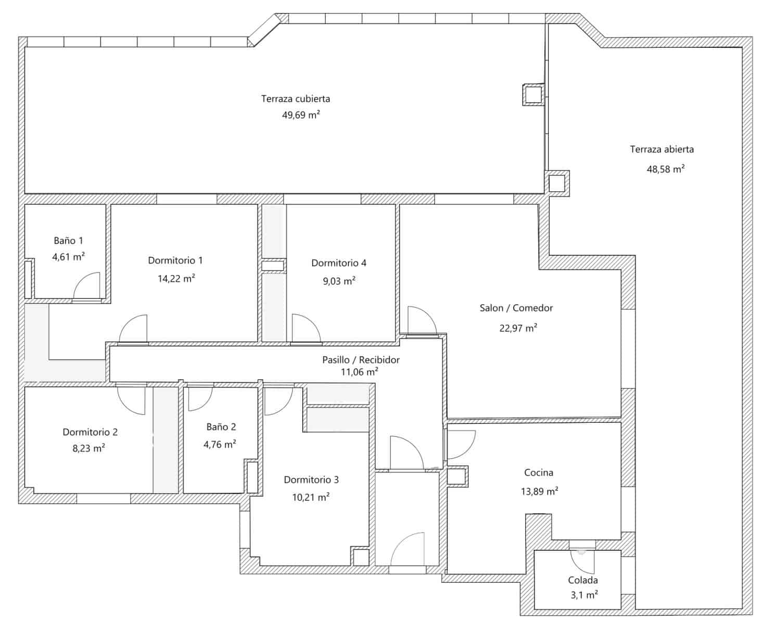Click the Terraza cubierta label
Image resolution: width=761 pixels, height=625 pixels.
[x=296, y=98]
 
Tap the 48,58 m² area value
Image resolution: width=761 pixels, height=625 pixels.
[x=665, y=169]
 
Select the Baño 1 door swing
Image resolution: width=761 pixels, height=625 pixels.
[x=86, y=285]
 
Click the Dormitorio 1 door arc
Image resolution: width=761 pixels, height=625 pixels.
[x=133, y=328]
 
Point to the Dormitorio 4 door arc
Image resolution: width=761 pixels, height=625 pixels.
[x=306, y=328]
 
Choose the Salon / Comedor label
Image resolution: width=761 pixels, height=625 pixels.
[x=516, y=308]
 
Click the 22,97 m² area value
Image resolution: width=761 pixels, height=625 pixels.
[x=518, y=328]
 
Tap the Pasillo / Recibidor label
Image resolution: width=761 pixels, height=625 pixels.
[x=361, y=359]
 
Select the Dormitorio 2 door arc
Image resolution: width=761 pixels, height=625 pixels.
[x=131, y=401]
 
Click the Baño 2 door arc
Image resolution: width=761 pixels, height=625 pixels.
[x=200, y=398]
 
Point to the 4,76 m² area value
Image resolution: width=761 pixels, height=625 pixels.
[x=220, y=444]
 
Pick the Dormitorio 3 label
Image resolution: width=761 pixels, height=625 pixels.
[x=311, y=480]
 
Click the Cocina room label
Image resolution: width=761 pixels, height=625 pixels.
[x=538, y=472]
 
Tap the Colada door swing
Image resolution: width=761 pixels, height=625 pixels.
[x=582, y=562]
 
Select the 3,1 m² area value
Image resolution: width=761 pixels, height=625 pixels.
[x=584, y=595]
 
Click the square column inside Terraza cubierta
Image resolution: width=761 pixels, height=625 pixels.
[x=534, y=95]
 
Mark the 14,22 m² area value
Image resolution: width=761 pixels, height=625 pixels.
[x=176, y=278]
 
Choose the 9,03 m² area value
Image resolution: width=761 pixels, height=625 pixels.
[x=339, y=281]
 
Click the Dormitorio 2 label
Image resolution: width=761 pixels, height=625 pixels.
[x=90, y=432]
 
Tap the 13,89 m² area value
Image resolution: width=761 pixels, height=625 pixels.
[x=539, y=491]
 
